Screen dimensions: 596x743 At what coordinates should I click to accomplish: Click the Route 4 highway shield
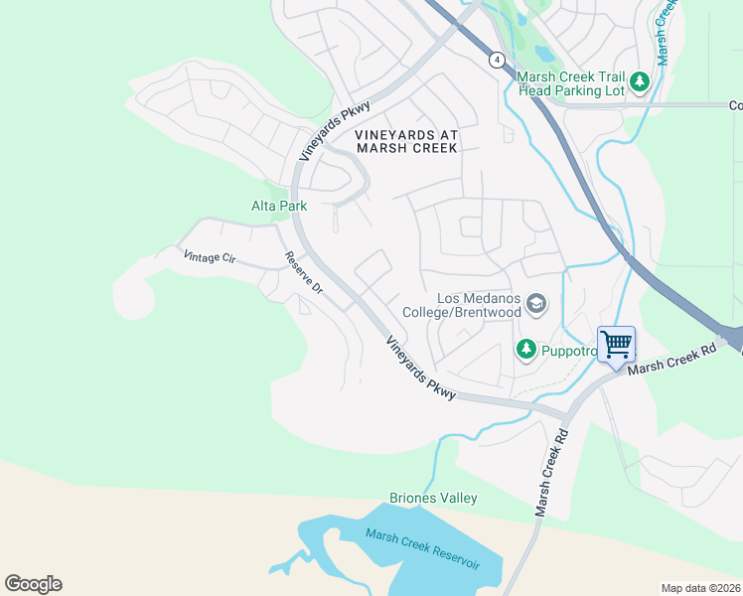coord(496,61)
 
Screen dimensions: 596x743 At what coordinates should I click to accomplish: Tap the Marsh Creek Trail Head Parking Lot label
coord(570,82)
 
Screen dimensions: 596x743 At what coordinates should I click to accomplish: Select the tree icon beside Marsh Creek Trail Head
coord(641,81)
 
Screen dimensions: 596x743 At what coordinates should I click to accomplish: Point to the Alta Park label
coord(278,206)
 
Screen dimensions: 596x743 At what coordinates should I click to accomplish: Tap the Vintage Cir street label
coord(210,257)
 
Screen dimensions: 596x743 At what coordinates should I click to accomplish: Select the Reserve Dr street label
coord(304,272)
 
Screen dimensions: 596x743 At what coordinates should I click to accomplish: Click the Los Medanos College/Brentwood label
coord(462,305)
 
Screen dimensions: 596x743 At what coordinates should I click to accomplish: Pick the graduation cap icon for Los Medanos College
coord(536,304)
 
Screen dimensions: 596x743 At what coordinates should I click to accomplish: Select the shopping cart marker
coord(616,345)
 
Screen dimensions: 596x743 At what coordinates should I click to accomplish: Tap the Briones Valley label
coord(433,498)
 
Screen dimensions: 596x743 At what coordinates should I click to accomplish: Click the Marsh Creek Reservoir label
coord(422,549)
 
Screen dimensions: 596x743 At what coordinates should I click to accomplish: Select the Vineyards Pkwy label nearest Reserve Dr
coord(420,368)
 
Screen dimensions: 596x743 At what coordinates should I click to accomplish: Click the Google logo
coord(33,584)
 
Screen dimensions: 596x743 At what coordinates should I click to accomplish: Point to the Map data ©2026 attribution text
coord(700,588)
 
